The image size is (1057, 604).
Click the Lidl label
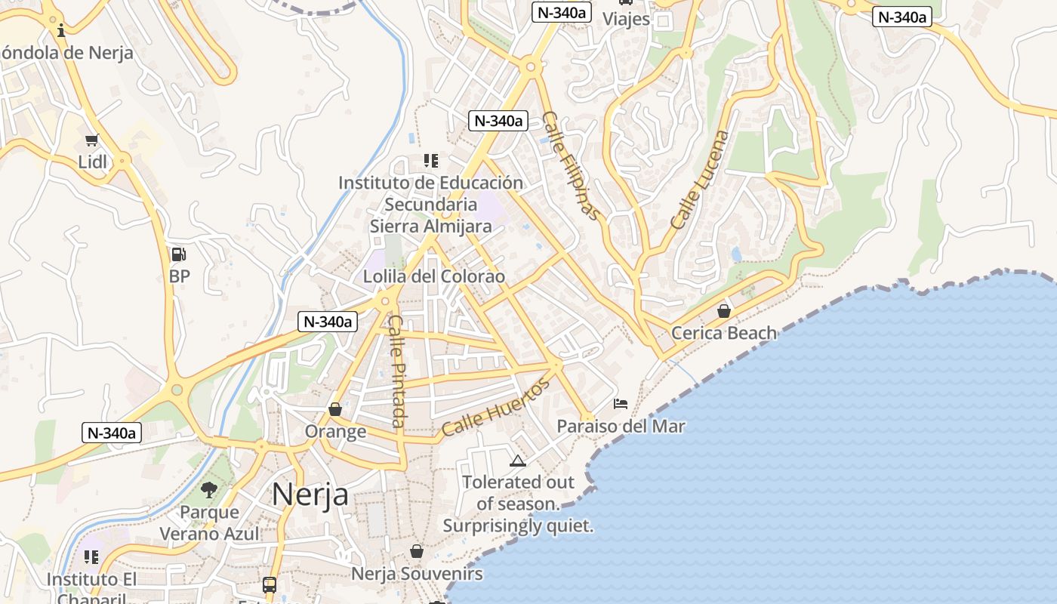click(93, 162)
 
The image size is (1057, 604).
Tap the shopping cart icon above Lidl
click(92, 140)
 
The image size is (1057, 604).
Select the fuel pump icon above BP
click(179, 254)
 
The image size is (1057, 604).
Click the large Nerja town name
click(310, 495)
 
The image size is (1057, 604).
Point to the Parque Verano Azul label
click(209, 522)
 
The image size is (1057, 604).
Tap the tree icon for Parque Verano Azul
click(209, 490)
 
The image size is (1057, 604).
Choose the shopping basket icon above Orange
click(335, 409)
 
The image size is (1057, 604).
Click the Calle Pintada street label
click(397, 370)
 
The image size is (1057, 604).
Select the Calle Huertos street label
click(495, 408)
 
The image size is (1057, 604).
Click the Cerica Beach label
click(723, 333)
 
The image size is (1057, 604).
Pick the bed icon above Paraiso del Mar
click(621, 404)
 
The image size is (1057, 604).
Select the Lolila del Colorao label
click(433, 276)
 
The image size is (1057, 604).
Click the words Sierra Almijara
click(430, 226)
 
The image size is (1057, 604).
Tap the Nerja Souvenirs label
click(417, 574)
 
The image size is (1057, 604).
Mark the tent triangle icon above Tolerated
click(517, 461)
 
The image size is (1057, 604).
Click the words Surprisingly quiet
click(518, 525)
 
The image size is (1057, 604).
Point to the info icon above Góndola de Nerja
click(61, 30)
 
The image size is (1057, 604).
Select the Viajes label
click(626, 19)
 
